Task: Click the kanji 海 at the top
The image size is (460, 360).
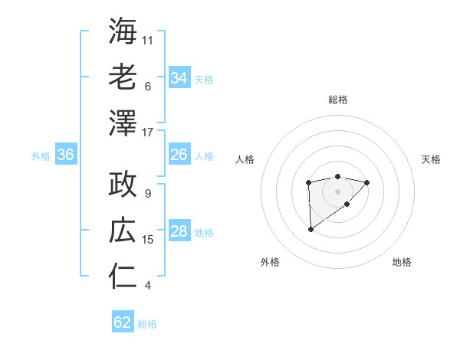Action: (x=123, y=31)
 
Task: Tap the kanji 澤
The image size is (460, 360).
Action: (x=123, y=122)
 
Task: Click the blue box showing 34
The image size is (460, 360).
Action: (x=179, y=77)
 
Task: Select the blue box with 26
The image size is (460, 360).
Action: (x=179, y=155)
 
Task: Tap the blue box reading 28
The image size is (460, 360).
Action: (x=179, y=231)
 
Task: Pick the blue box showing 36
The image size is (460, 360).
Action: (x=65, y=155)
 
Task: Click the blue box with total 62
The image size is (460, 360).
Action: (x=123, y=322)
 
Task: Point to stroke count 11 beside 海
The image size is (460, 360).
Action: (x=148, y=40)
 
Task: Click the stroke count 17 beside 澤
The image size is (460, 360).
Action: (x=148, y=133)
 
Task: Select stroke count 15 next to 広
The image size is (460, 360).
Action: (x=148, y=240)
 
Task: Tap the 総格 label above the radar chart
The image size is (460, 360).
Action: (x=337, y=100)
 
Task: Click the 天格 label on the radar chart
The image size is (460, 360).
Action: (x=431, y=159)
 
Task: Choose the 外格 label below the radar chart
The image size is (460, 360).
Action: (x=269, y=262)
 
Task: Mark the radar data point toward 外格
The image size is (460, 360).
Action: (x=310, y=229)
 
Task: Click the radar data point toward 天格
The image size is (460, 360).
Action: (x=367, y=182)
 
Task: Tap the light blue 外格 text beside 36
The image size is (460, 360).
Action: (x=41, y=156)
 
